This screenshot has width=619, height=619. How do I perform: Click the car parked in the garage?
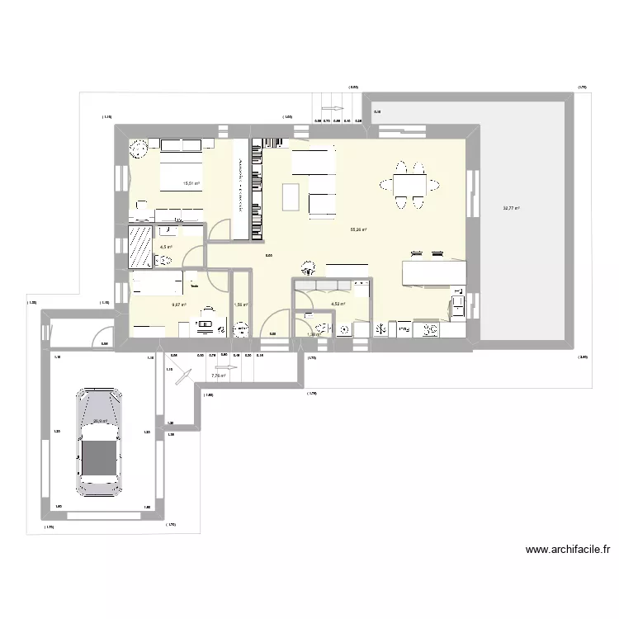pyautogui.click(x=99, y=442)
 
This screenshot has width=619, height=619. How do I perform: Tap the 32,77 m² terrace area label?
pyautogui.click(x=511, y=208)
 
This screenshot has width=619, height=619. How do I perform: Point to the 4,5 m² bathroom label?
pyautogui.click(x=166, y=246)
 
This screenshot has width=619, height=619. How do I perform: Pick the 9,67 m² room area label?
pyautogui.click(x=178, y=305)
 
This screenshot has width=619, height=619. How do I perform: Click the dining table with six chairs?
pyautogui.click(x=410, y=186)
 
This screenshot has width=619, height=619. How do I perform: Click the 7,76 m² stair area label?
pyautogui.click(x=218, y=376)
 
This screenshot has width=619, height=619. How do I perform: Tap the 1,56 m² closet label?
pyautogui.click(x=241, y=305)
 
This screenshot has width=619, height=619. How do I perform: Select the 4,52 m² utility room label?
pyautogui.click(x=338, y=304)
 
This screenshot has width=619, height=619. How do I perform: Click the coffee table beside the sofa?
pyautogui.click(x=291, y=196)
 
